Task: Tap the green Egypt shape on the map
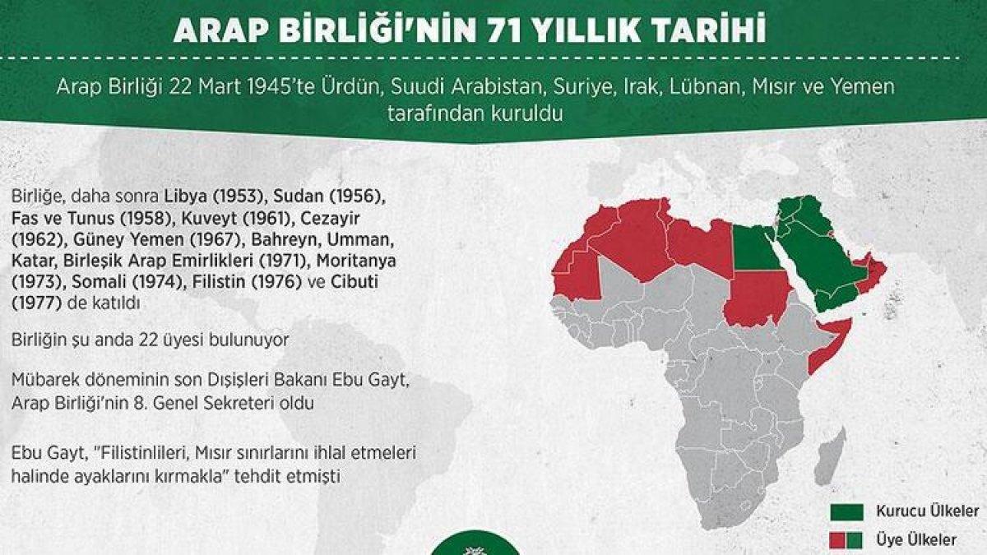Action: [754, 249]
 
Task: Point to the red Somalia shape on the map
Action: [823, 345]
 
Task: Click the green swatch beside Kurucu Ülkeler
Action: [847, 512]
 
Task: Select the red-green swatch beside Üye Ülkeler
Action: [847, 539]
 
